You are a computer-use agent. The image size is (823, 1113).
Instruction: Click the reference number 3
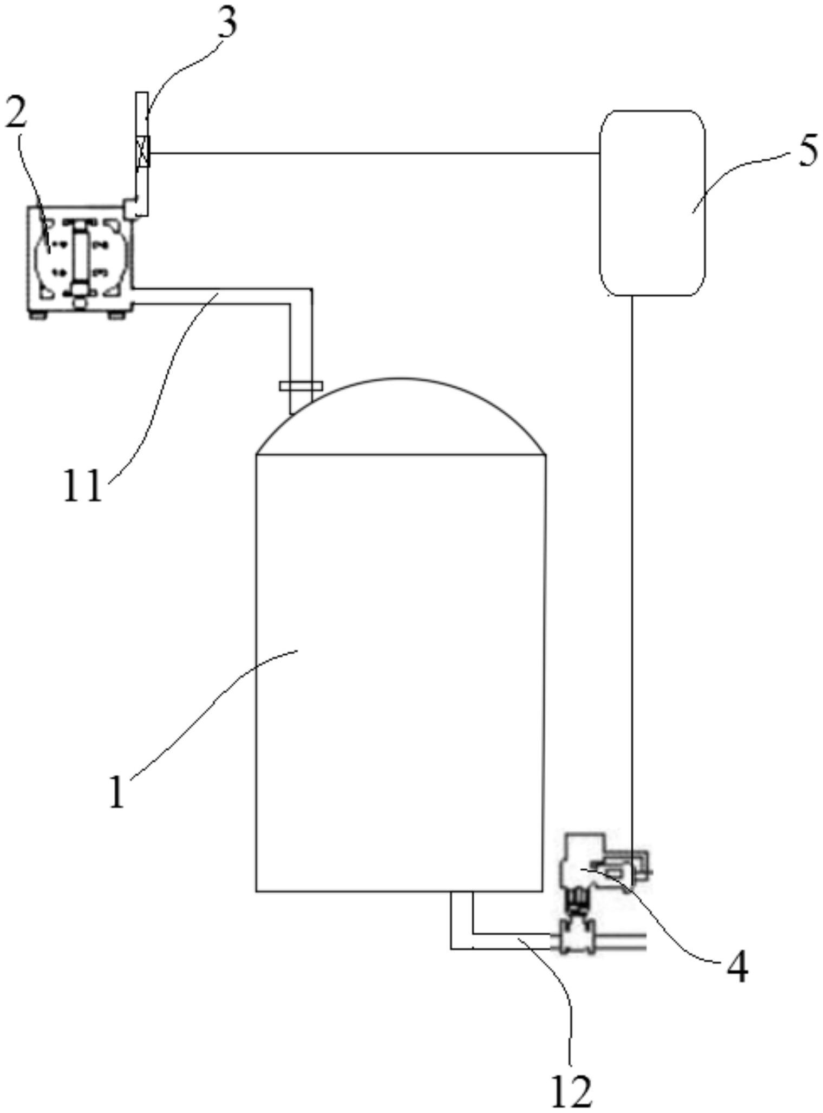point(227,24)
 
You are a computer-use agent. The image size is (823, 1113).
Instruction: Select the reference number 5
point(807,152)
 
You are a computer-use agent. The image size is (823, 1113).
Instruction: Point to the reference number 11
point(82,485)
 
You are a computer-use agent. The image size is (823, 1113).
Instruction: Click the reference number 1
point(117,791)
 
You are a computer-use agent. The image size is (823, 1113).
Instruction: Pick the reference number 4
point(737,967)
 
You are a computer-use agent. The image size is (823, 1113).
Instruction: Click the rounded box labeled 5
point(652,203)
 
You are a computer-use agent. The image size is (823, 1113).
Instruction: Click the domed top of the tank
point(401,416)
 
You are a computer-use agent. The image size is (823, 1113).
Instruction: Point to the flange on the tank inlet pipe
point(301,386)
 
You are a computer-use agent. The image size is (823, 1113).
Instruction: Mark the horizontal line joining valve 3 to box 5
point(375,153)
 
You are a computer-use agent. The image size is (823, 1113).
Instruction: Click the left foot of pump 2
point(38,315)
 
